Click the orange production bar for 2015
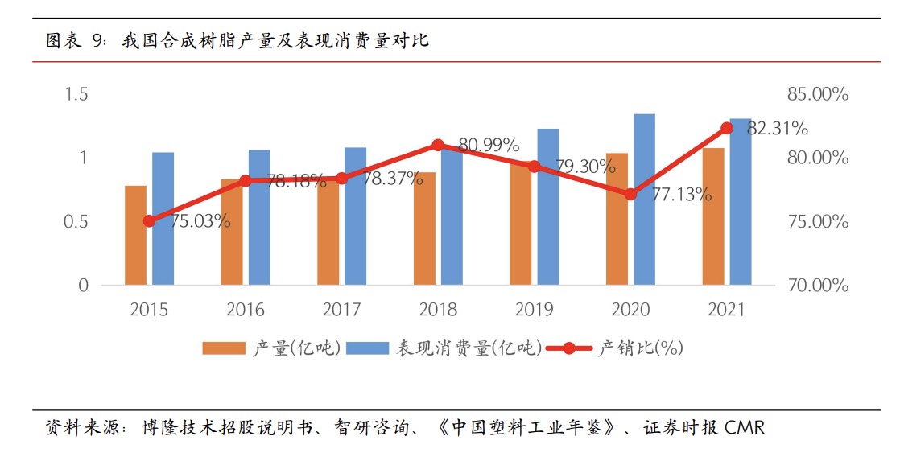tap(135, 235)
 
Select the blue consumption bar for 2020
tap(644, 200)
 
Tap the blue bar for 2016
tap(259, 217)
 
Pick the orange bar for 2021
tap(713, 216)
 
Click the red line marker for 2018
tap(438, 146)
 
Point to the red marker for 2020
tap(630, 194)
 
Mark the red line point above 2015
tap(149, 220)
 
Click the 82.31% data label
tap(778, 129)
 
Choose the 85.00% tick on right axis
tap(818, 94)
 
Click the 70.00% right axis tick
tap(818, 286)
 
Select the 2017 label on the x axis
tap(341, 310)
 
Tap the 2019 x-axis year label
tap(535, 310)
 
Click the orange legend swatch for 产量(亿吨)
tap(224, 348)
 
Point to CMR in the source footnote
tap(745, 427)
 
